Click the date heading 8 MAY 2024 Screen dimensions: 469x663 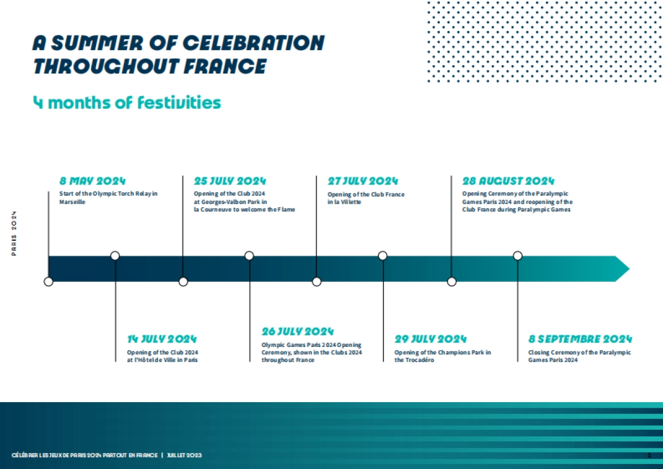[x=93, y=181]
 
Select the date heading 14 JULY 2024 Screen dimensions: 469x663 [x=162, y=339]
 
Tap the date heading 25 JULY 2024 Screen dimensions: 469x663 [x=230, y=181]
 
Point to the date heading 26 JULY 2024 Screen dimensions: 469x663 [x=298, y=331]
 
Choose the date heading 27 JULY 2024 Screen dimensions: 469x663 [x=362, y=181]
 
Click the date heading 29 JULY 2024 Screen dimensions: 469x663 [x=430, y=339]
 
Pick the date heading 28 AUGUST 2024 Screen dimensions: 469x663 [x=508, y=181]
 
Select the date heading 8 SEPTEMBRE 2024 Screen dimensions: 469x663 [x=580, y=339]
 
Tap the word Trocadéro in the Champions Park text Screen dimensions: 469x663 [x=414, y=360]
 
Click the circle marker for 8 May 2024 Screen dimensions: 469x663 [x=49, y=282]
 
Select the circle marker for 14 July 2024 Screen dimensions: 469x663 [x=115, y=256]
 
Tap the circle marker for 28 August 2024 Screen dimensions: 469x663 [x=452, y=282]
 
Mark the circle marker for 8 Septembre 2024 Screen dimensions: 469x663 [x=518, y=256]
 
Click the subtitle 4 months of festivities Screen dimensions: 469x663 [x=127, y=103]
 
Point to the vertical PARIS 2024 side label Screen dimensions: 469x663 [x=14, y=233]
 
